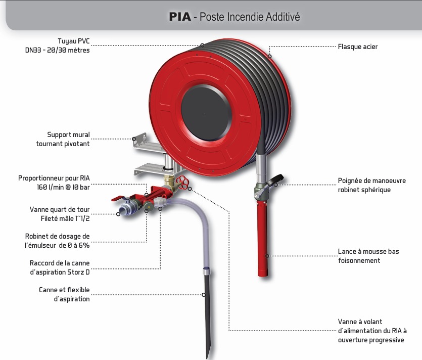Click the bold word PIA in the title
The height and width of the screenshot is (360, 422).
180,17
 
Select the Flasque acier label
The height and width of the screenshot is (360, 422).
357,47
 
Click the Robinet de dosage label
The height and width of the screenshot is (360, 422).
57,241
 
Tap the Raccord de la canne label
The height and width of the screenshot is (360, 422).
60,268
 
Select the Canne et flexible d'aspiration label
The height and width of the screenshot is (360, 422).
64,294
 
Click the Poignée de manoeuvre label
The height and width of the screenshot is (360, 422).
371,185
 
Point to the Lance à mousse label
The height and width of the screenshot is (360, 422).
368,256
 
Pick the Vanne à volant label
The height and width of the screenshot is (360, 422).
372,331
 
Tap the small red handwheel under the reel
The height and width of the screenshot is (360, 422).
184,183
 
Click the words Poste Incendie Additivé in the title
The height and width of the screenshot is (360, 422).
250,17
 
